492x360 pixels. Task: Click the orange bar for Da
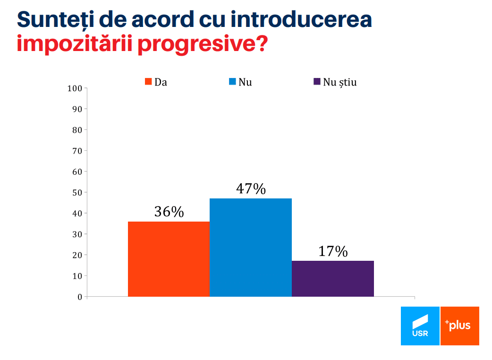point(169,259)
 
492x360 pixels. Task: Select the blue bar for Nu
point(251,247)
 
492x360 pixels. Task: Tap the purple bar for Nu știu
point(333,278)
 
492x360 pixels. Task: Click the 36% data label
point(169,212)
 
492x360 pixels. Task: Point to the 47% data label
point(251,189)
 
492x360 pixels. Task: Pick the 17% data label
point(333,251)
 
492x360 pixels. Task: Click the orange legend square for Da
point(148,82)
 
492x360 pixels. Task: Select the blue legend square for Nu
point(232,82)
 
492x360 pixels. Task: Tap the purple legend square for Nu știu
point(317,82)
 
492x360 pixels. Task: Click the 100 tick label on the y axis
point(75,88)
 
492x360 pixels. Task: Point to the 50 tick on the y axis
point(77,192)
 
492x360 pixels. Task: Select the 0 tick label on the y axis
point(80,297)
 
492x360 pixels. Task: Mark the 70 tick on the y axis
point(77,151)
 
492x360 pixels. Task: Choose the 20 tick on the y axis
point(77,255)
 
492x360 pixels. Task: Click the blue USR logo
point(420,326)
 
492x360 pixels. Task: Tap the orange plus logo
point(460,326)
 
